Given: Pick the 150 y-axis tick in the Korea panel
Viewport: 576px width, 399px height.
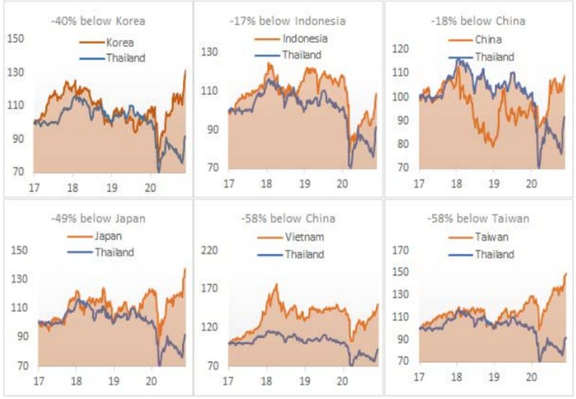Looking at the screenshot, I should pyautogui.click(x=17, y=37).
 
